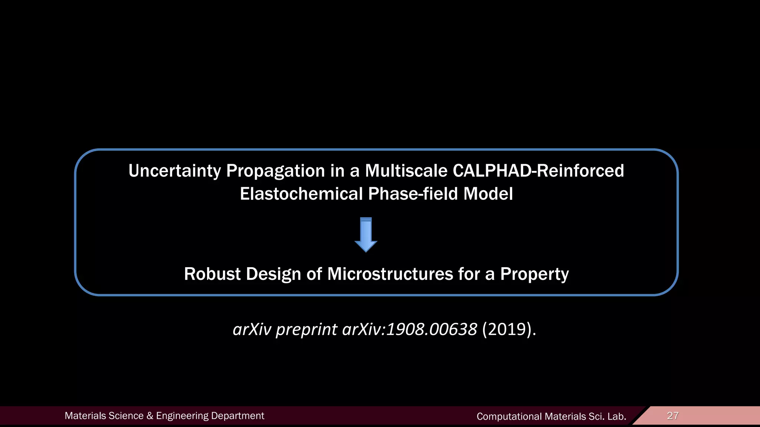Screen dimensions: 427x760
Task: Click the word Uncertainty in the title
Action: (174, 171)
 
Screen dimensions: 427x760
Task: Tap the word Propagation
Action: (275, 171)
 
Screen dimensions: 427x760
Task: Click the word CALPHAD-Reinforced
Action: (538, 171)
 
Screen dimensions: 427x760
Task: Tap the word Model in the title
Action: (488, 194)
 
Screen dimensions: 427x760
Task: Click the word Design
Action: (273, 274)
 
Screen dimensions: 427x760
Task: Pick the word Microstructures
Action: (390, 274)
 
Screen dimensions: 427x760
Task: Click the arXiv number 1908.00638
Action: (431, 329)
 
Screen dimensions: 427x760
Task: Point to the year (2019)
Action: (509, 329)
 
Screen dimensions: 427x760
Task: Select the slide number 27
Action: (672, 416)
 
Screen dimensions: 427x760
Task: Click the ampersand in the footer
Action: (150, 416)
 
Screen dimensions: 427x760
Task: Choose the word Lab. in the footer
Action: (617, 417)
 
